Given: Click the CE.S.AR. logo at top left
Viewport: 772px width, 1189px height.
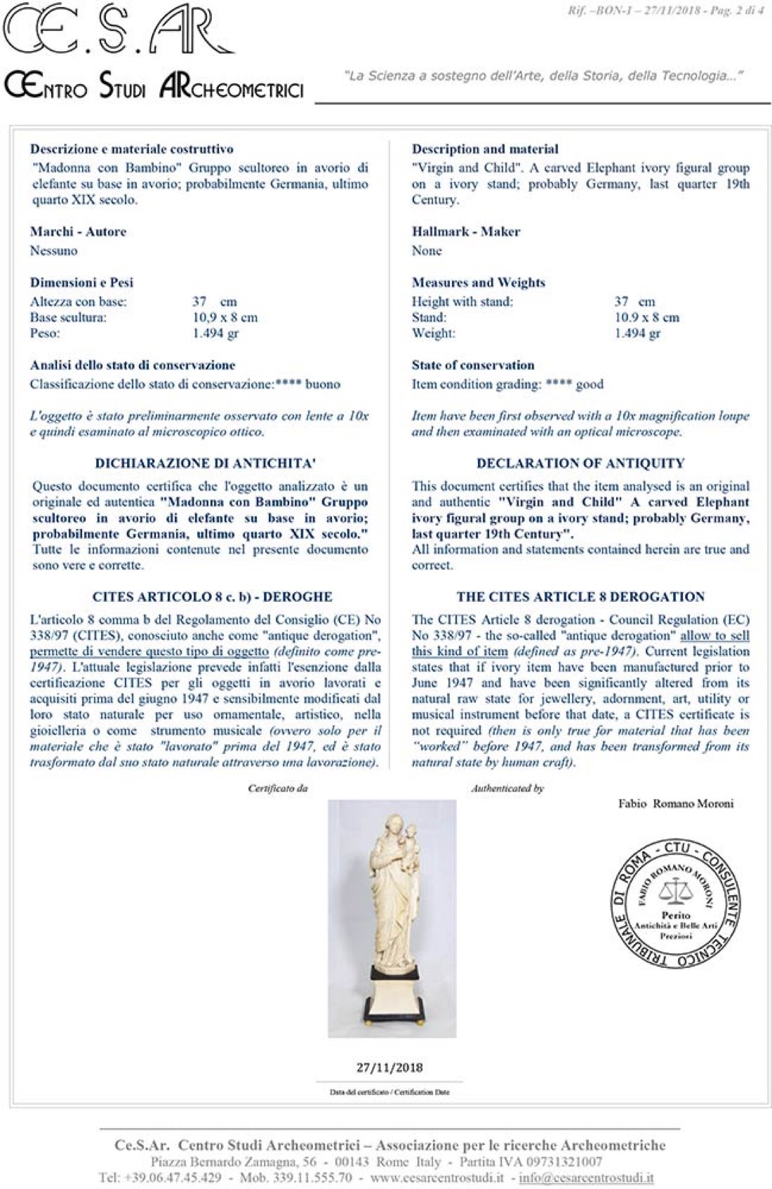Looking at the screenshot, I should coord(119,32).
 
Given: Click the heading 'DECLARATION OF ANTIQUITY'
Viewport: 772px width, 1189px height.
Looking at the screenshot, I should coord(580,463).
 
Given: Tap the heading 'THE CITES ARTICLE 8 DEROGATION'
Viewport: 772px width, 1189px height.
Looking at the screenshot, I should coord(580,597).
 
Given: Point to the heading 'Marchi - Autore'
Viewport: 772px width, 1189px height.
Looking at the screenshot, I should coord(78,231).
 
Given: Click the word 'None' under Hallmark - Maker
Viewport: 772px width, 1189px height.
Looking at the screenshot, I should coord(427,250).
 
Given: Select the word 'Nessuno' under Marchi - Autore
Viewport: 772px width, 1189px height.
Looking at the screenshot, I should coord(53,250).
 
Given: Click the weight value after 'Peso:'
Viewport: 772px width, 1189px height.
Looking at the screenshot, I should coord(215,333).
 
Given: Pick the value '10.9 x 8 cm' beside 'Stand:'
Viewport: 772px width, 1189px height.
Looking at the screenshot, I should coord(646,317).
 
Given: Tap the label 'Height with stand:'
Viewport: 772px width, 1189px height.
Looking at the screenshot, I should coord(462,302).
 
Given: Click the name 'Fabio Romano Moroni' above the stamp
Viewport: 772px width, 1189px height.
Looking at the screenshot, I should coord(675,804).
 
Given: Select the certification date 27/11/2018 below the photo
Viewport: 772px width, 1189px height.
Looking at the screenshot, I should coord(390,1068).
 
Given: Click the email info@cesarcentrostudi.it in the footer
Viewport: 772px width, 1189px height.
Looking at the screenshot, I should coord(586,1177).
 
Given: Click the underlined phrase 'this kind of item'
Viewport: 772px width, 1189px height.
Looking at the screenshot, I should coord(459,652).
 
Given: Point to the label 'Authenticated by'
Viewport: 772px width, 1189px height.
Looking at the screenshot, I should coord(507,788).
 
